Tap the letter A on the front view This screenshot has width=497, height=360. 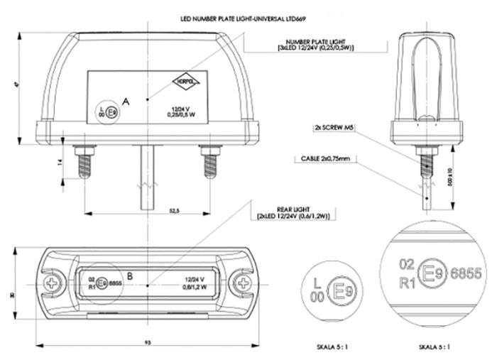(x=126, y=102)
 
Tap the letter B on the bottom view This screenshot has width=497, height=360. (x=129, y=276)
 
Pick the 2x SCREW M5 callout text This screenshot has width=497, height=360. (x=334, y=129)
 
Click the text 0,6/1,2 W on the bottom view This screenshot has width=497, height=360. (x=194, y=288)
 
